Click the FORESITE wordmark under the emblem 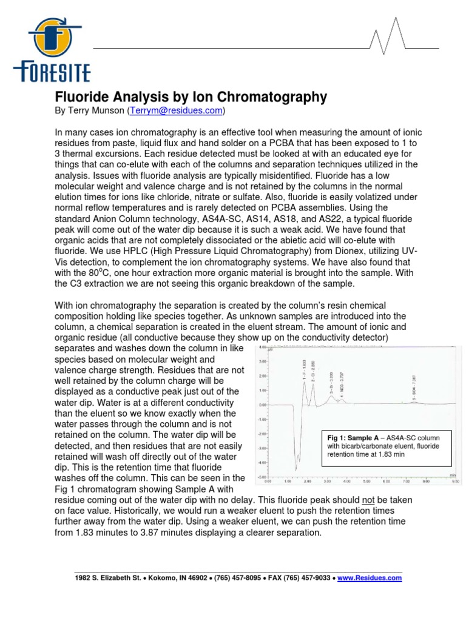pos(51,73)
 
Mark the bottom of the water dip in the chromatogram pos(296,468)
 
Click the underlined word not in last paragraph pos(368,500)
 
